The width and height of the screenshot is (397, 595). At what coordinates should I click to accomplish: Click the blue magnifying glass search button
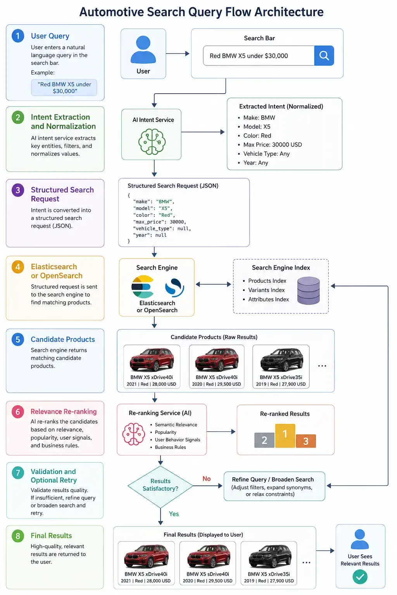pyautogui.click(x=324, y=55)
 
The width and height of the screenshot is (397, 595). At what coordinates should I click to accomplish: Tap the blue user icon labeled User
pyautogui.click(x=143, y=50)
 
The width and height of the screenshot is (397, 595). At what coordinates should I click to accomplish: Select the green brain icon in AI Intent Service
pyautogui.click(x=152, y=141)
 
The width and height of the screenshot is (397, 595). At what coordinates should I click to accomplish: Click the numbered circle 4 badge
pyautogui.click(x=18, y=267)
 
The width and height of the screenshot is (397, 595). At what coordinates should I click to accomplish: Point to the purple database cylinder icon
pyautogui.click(x=309, y=290)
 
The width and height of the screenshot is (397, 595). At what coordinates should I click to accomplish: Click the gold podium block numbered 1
pyautogui.click(x=285, y=436)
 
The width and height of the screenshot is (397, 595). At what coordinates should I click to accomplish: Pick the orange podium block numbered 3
pyautogui.click(x=306, y=441)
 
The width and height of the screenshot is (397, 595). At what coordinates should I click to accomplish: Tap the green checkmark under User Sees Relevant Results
pyautogui.click(x=360, y=577)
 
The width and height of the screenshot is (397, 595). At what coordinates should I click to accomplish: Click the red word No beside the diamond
pyautogui.click(x=207, y=479)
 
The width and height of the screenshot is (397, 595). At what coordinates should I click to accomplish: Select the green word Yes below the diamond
pyautogui.click(x=174, y=514)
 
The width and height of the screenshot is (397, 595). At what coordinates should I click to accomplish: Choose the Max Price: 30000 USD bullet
pyautogui.click(x=270, y=144)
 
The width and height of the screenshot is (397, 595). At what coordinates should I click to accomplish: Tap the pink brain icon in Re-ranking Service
pyautogui.click(x=133, y=434)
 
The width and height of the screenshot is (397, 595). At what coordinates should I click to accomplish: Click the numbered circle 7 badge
pyautogui.click(x=18, y=473)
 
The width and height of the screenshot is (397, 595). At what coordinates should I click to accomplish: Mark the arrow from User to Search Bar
pyautogui.click(x=178, y=54)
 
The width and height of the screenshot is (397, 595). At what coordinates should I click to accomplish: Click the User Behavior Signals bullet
pyautogui.click(x=175, y=440)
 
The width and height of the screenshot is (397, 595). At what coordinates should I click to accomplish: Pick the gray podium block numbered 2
pyautogui.click(x=264, y=440)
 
